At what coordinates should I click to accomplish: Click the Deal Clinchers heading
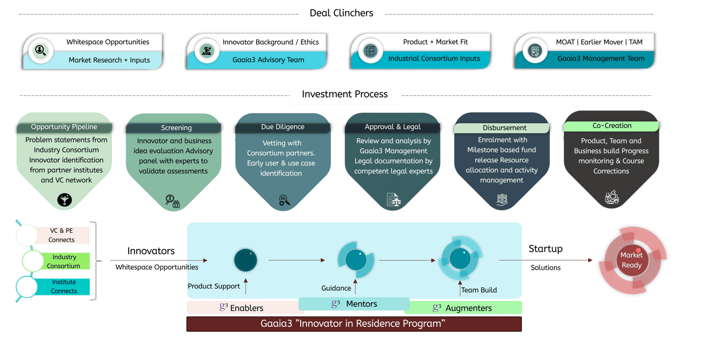coord(341,13)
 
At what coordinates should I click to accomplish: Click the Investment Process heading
coord(345,94)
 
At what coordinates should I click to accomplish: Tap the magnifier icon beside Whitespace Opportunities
coord(40,50)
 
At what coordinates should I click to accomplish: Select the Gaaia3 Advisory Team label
coord(268,59)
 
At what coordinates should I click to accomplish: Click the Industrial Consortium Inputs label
coord(434,58)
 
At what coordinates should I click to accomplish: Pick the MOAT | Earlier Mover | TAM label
coord(599,42)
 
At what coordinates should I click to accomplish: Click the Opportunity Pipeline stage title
coord(64,127)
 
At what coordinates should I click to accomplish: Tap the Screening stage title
coord(176,128)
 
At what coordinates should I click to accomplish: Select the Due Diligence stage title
coord(282,127)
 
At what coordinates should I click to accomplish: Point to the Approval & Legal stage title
coord(393,127)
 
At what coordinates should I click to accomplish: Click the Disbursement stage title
coord(504,128)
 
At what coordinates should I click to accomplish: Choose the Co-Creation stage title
coord(612,126)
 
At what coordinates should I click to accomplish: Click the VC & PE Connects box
coord(62,235)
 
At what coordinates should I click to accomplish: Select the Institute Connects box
coord(64,286)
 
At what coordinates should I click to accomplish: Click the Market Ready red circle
coord(631,260)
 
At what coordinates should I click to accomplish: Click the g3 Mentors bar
coord(354,304)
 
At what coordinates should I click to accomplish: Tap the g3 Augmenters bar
coord(463,308)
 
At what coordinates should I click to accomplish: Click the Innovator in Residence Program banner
coord(353,324)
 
